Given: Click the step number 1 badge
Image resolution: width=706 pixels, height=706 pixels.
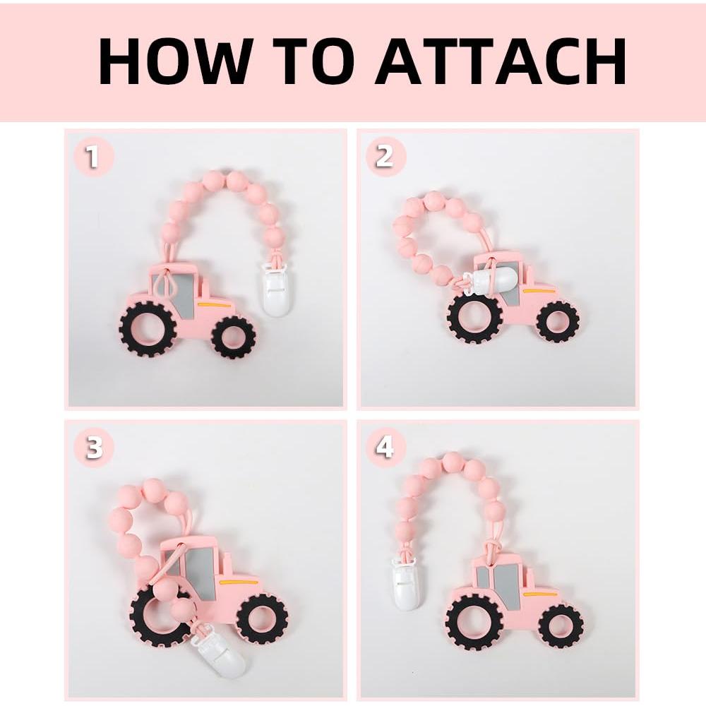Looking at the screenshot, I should (92, 157).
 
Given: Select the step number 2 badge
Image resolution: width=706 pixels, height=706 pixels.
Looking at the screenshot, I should (385, 156).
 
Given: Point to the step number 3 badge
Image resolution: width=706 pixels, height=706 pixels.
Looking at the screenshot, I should (94, 448).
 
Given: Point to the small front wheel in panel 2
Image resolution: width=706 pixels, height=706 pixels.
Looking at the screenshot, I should (557, 321).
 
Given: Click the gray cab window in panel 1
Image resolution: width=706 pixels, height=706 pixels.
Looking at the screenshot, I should (185, 289).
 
